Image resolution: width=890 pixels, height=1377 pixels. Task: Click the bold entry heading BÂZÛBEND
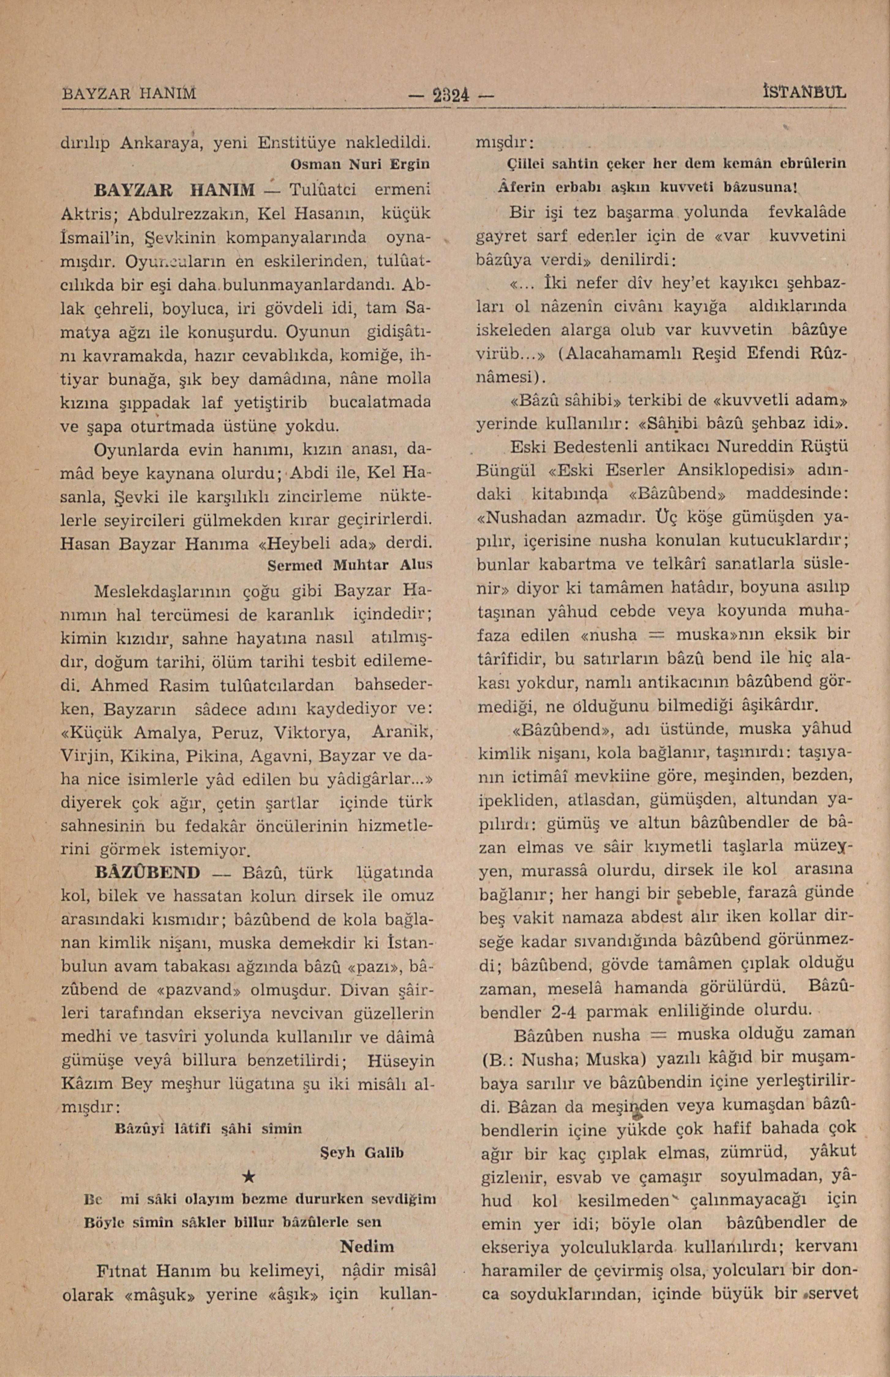[147, 871]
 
